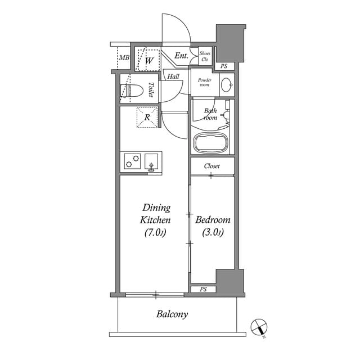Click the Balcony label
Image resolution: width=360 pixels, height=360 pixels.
coord(172,314)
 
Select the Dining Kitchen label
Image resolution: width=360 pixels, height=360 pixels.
coord(156,220)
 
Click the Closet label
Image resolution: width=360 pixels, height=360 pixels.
coord(211,166)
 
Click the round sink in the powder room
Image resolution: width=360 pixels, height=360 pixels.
coord(226,85)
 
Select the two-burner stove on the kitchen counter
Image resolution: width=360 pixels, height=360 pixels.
coord(133,161)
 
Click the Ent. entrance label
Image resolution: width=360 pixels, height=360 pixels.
coord(181,56)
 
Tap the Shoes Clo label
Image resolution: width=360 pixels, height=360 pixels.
coord(205,56)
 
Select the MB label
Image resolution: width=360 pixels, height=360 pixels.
coord(124,57)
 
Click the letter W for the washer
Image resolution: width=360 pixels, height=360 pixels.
coord(150,60)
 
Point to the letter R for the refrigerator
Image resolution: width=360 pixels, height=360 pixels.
coord(147,118)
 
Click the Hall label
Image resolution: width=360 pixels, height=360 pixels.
coord(173,76)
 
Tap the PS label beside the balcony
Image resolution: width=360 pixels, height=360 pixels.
coord(203,290)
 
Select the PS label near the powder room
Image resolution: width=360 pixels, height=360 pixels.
coord(224,66)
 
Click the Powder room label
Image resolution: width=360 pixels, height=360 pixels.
coord(203,82)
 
